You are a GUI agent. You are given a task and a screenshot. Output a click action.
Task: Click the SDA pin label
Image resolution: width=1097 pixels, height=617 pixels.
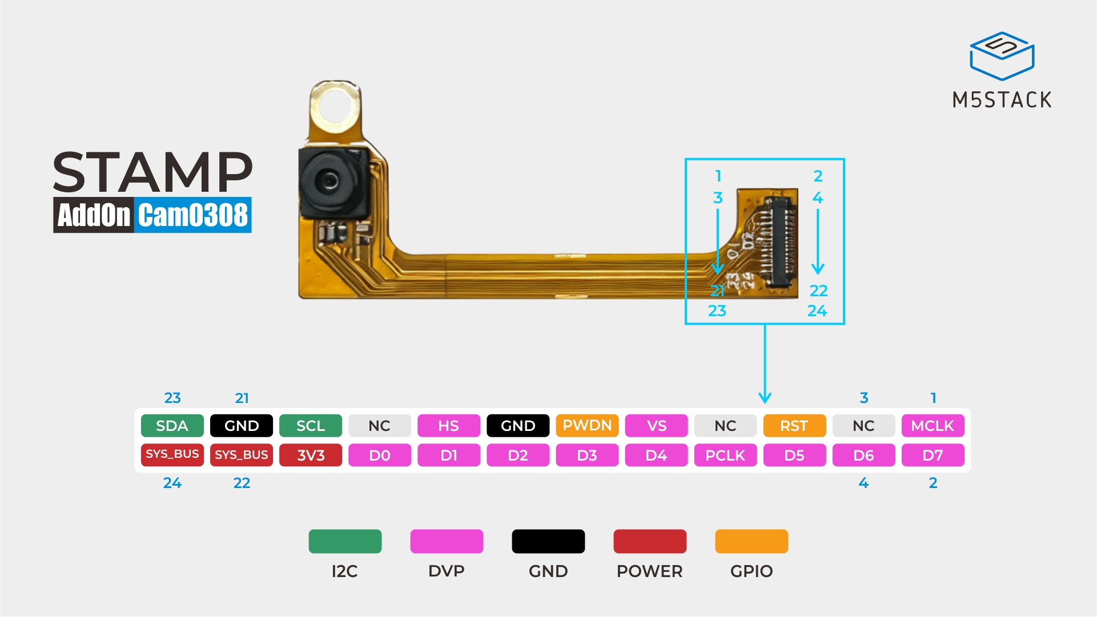click(x=172, y=426)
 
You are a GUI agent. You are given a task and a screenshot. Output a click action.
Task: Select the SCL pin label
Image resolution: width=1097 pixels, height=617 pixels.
click(x=311, y=426)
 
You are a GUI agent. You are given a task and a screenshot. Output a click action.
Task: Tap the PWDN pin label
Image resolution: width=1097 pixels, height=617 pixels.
click(x=587, y=426)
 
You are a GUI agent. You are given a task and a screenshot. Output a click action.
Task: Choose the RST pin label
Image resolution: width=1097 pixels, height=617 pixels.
click(x=794, y=426)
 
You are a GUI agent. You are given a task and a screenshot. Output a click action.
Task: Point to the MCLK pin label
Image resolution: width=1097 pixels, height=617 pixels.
click(x=933, y=426)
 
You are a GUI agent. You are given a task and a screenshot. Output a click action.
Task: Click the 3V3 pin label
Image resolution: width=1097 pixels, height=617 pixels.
click(x=311, y=455)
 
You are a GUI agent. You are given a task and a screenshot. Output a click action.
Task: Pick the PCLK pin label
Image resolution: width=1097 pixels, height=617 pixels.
click(x=725, y=455)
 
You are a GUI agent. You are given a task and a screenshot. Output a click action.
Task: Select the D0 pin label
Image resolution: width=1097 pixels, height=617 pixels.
click(x=380, y=455)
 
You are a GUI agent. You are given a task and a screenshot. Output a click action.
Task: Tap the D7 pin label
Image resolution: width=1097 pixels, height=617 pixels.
click(x=933, y=455)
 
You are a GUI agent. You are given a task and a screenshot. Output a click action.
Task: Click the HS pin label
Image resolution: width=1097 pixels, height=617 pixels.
click(x=449, y=426)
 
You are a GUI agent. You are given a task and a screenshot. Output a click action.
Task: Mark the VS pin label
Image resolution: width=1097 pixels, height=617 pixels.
click(x=656, y=426)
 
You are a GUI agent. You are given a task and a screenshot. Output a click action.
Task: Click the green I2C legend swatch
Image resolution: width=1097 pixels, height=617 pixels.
click(x=345, y=542)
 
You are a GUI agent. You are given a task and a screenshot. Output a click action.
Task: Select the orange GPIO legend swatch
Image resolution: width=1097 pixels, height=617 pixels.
click(x=752, y=542)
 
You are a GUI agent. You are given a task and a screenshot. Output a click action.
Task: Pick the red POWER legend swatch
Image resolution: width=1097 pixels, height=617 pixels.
click(x=650, y=542)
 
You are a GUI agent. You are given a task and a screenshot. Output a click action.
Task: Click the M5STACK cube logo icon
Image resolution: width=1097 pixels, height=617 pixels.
click(x=1002, y=56)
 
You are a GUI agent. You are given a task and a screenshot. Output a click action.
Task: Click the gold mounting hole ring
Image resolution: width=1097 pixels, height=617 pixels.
click(x=336, y=107)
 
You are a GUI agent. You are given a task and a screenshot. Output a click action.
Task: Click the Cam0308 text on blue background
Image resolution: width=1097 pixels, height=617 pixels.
click(x=193, y=215)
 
